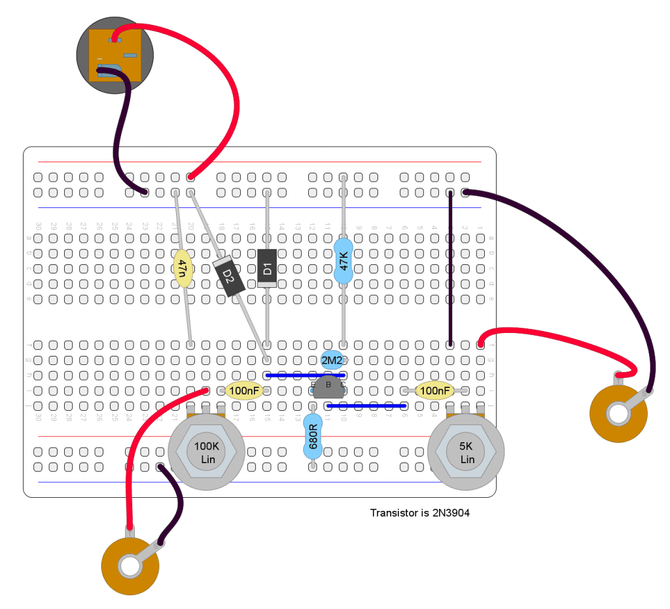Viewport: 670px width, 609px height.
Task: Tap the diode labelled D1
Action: pos(266,268)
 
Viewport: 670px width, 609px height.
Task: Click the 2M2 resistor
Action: pos(331,360)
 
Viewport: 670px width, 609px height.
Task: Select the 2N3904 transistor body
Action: pos(329,387)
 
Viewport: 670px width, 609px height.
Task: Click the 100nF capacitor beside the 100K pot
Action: pos(244,391)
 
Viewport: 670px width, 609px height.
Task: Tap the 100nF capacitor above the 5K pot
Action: pos(435,391)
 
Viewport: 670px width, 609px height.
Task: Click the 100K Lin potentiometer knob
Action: pos(207,451)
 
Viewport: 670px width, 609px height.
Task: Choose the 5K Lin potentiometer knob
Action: pos(467,451)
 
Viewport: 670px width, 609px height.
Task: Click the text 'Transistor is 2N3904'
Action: pos(419,513)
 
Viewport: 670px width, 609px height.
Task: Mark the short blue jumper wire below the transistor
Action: pos(366,406)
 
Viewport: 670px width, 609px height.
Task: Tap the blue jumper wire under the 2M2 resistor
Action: pos(304,375)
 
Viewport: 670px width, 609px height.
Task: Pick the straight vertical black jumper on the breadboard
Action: pos(450,268)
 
